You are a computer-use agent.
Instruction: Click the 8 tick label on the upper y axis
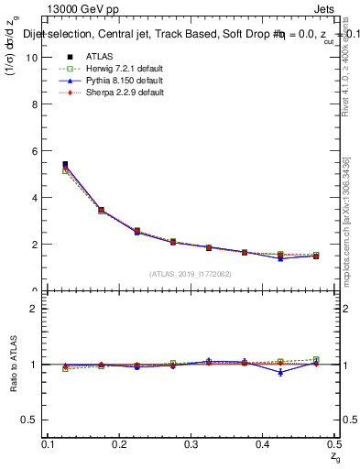(33, 104)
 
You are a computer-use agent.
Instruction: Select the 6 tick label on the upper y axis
(33, 150)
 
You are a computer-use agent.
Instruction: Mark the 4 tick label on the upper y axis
(33, 198)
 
